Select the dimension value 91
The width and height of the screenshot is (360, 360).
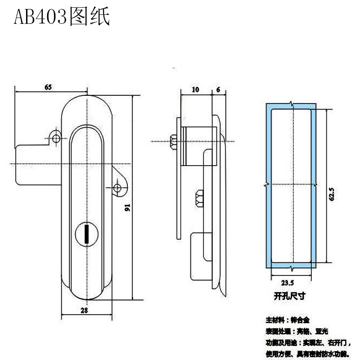[127, 207]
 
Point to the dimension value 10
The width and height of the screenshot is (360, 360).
[195, 90]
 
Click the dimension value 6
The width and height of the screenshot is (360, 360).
[218, 90]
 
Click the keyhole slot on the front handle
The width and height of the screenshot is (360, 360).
[85, 233]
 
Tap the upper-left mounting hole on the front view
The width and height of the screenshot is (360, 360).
[56, 137]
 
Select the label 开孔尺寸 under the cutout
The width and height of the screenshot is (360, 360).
[289, 296]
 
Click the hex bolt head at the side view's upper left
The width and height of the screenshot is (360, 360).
[174, 142]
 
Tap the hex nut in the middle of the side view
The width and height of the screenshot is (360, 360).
[198, 198]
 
